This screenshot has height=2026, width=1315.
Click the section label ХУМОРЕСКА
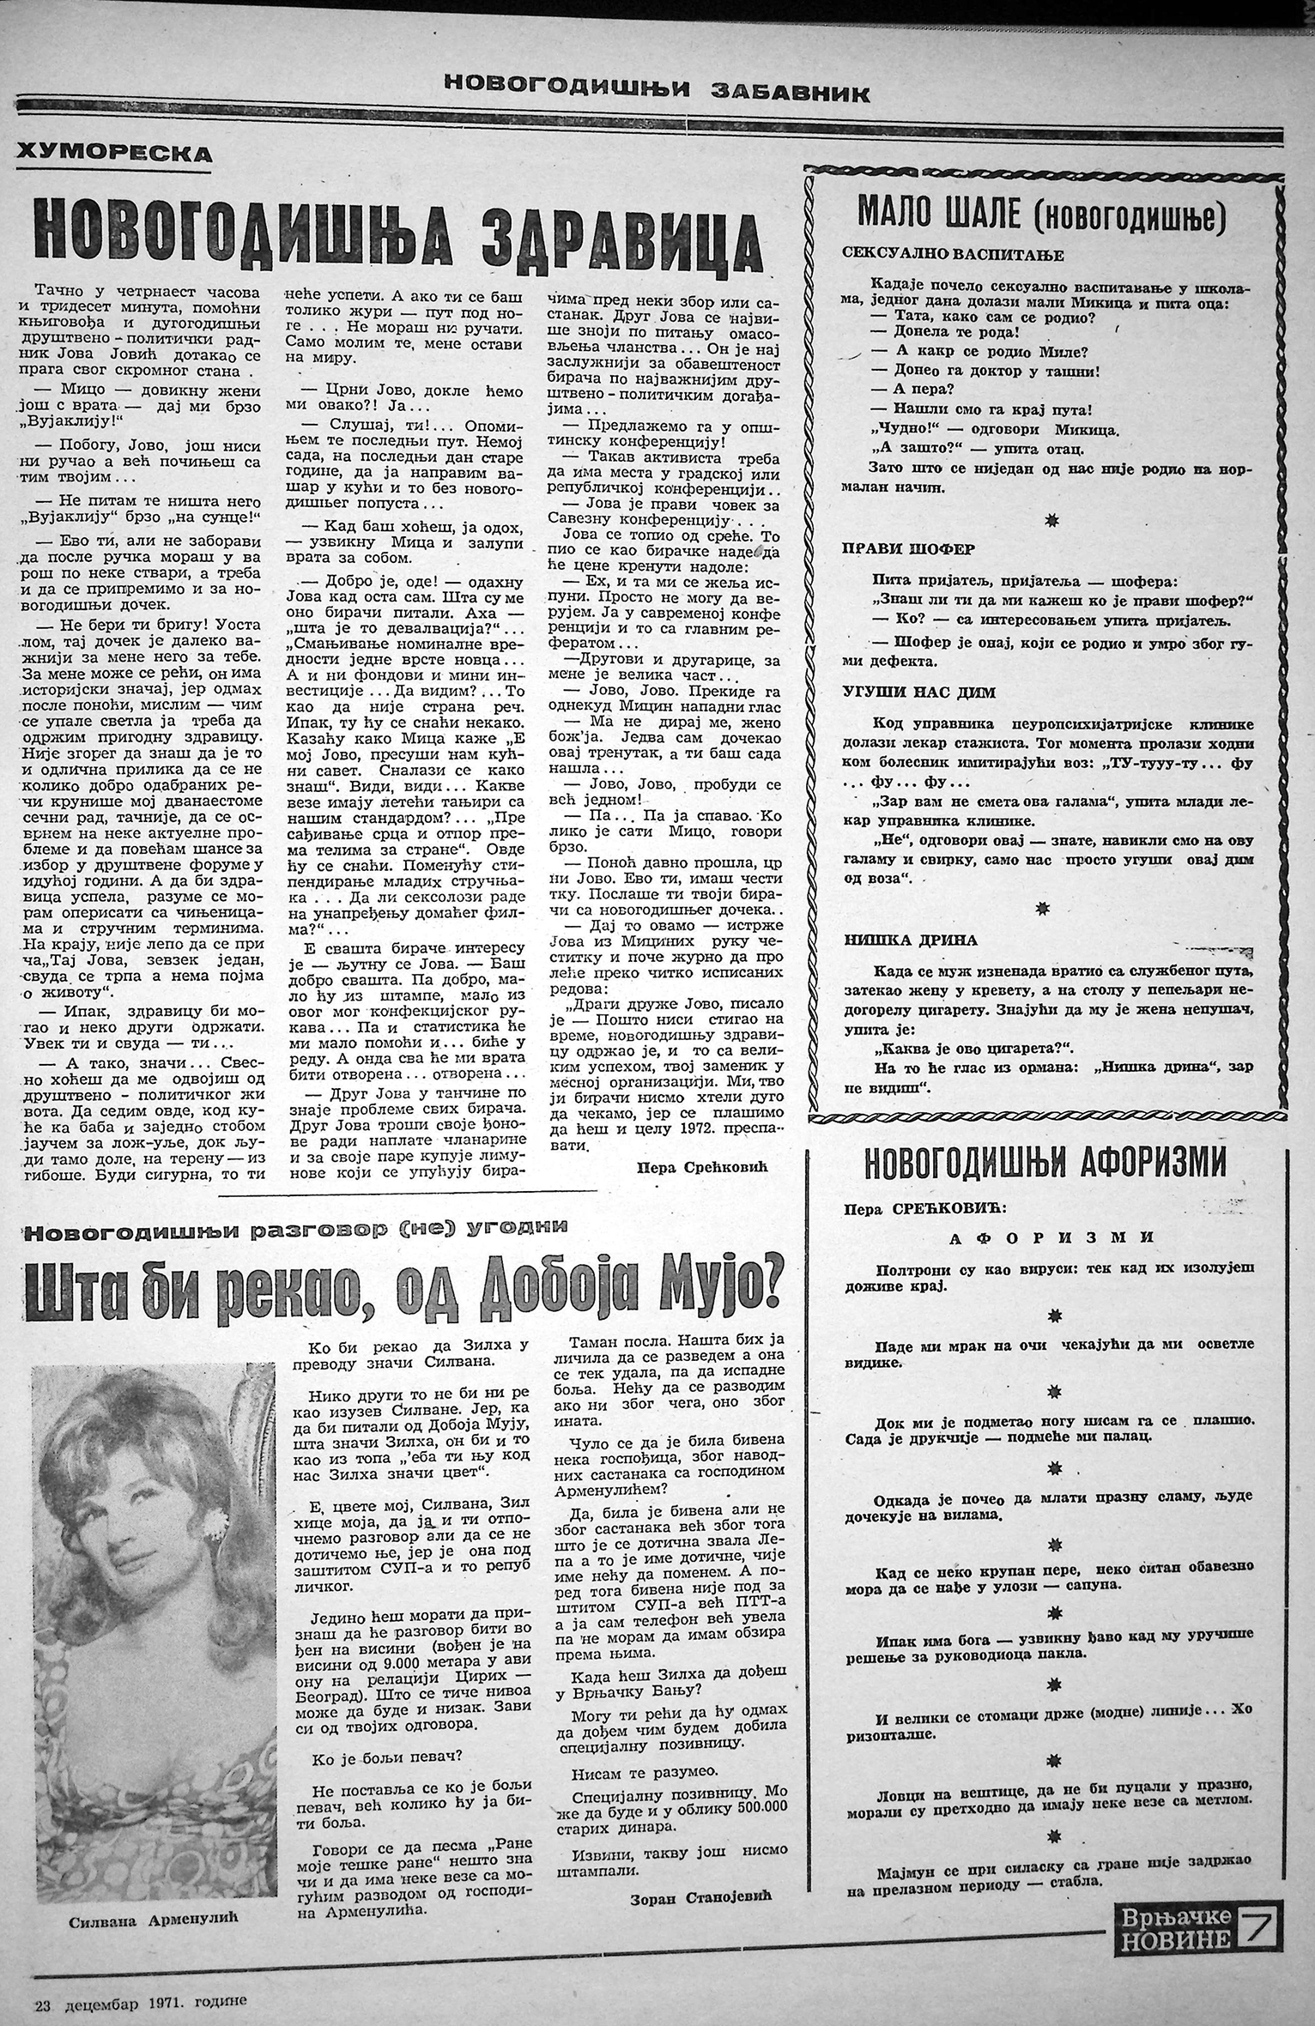pyautogui.click(x=114, y=154)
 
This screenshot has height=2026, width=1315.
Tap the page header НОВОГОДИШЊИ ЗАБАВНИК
pyautogui.click(x=657, y=88)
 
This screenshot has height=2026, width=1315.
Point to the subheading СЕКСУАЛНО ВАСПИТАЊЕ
pyautogui.click(x=954, y=255)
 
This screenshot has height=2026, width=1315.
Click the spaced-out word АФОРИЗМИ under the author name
pyautogui.click(x=1051, y=1237)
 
